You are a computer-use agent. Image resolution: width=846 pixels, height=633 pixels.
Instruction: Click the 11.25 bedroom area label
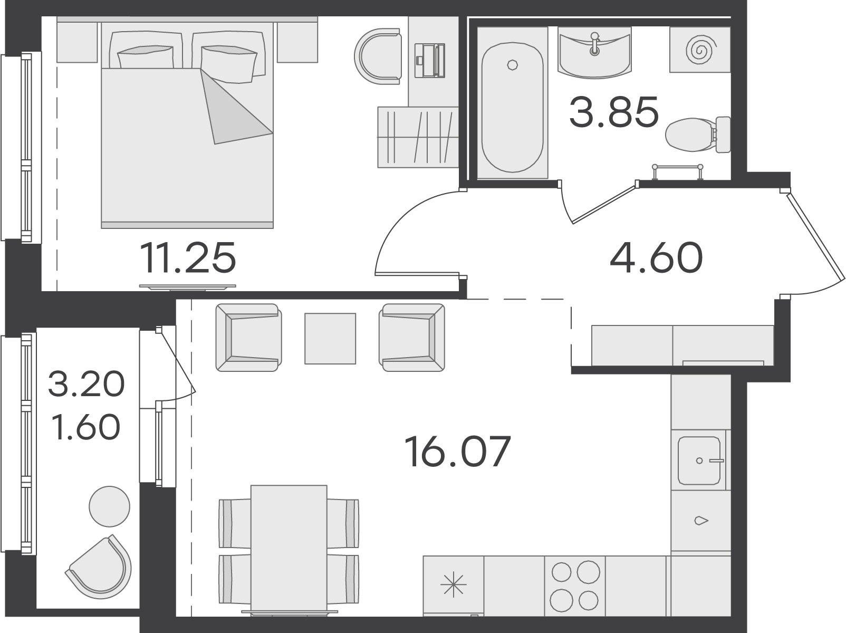pyautogui.click(x=188, y=257)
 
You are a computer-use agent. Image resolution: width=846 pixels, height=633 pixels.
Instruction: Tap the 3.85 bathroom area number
pyautogui.click(x=614, y=112)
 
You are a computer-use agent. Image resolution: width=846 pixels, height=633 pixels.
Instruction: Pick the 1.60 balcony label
pyautogui.click(x=86, y=427)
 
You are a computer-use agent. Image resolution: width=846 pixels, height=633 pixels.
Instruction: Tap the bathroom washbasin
pyautogui.click(x=594, y=52)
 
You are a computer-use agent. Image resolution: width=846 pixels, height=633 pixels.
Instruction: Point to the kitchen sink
pyautogui.click(x=699, y=461)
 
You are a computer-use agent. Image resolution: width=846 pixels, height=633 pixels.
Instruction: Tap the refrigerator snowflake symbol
pyautogui.click(x=453, y=583)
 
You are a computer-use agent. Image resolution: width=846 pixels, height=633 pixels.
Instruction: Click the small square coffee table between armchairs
pyautogui.click(x=330, y=339)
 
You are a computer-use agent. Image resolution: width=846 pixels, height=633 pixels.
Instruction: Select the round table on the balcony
pyautogui.click(x=110, y=506)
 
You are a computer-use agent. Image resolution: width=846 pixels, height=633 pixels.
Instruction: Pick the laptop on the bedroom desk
pyautogui.click(x=430, y=61)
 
